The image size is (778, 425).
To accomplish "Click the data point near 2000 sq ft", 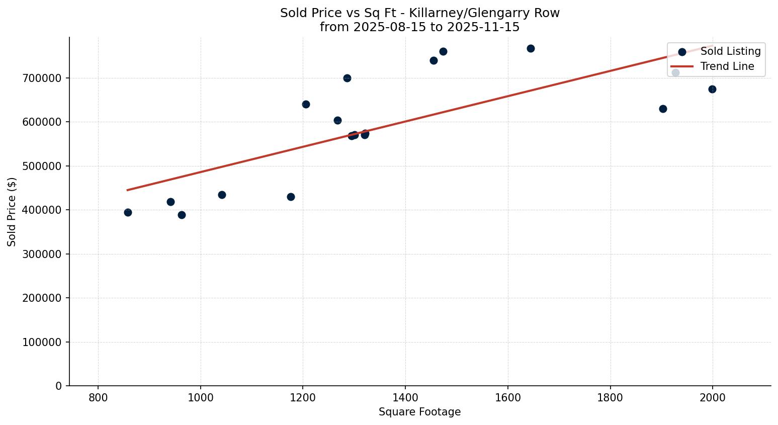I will [x=712, y=89].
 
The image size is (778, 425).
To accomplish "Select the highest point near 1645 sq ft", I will [x=531, y=48].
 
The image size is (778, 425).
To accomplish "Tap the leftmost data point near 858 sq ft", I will [x=128, y=212].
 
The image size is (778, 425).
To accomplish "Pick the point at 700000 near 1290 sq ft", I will [x=347, y=78].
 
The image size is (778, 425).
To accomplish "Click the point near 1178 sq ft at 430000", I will [x=291, y=197].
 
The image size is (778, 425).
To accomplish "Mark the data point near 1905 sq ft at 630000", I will [x=663, y=109].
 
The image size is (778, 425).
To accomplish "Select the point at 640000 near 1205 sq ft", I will [x=306, y=104].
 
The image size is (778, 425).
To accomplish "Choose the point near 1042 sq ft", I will [x=222, y=195].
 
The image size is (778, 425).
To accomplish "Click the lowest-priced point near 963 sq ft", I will [x=182, y=215].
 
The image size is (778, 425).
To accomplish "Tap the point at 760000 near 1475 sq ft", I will [x=443, y=51].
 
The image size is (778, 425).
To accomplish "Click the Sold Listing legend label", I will [x=730, y=51].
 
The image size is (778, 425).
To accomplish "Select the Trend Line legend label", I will [x=727, y=66].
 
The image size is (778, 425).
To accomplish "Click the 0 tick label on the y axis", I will [x=59, y=386].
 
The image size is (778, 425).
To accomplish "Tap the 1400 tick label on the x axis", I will [x=405, y=398].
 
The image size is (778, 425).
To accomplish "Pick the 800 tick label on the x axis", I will [x=98, y=398].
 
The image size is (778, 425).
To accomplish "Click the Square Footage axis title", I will [x=419, y=412].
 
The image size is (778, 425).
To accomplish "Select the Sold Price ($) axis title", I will [x=12, y=212].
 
